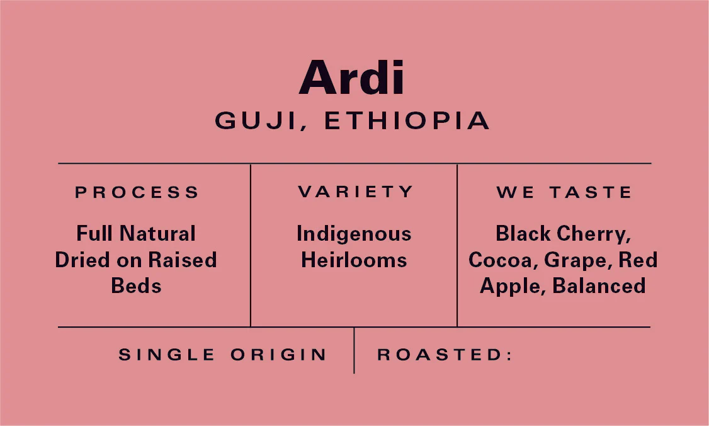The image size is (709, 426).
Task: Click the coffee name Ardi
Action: [x=351, y=78]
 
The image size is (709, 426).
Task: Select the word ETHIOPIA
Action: [x=407, y=120]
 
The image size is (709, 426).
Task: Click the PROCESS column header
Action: [x=137, y=192]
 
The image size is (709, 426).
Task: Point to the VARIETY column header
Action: [x=355, y=192]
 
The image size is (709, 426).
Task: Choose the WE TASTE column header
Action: [x=564, y=192]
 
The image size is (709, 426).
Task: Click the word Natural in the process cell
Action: [x=157, y=234]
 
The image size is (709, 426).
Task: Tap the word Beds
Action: [x=136, y=285]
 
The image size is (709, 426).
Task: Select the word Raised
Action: [x=183, y=260]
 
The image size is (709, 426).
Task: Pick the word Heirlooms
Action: [x=354, y=260]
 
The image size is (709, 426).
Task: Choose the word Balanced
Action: [x=599, y=285]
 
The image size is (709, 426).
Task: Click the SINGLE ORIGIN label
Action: [x=222, y=354]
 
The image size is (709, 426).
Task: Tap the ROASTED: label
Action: [x=445, y=354]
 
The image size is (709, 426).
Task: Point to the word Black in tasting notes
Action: [x=523, y=234]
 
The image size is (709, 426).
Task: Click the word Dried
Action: [x=83, y=260]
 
